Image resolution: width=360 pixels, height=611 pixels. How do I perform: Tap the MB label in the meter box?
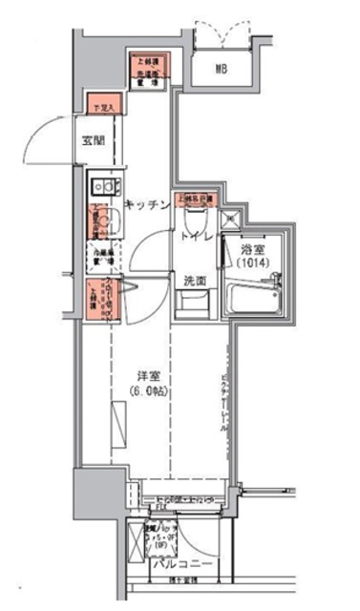point(221,68)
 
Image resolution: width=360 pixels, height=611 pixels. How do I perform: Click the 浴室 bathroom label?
point(249,246)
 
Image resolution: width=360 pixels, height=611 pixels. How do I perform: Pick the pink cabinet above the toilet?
point(195,200)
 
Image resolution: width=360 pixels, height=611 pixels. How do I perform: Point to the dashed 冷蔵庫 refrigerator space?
point(102,255)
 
